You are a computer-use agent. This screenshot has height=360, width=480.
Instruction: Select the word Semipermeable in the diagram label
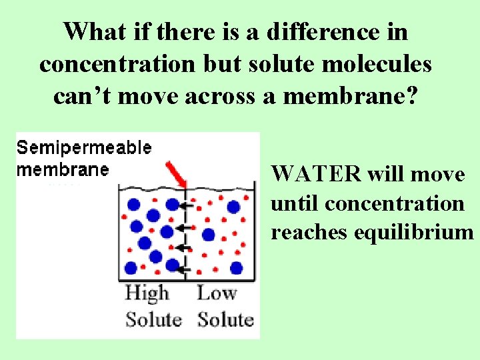(x=85, y=148)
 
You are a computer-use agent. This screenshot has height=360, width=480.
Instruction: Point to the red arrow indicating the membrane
(x=176, y=173)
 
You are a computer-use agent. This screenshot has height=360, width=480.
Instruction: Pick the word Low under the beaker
(x=217, y=293)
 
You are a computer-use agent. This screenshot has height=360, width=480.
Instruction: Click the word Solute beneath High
(x=153, y=319)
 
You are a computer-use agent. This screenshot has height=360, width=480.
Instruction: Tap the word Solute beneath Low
(x=225, y=319)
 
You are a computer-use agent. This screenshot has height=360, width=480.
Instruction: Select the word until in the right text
(x=291, y=203)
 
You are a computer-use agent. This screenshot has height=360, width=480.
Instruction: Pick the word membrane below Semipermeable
(x=62, y=169)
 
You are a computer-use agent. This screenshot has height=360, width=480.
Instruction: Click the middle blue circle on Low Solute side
(x=208, y=234)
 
